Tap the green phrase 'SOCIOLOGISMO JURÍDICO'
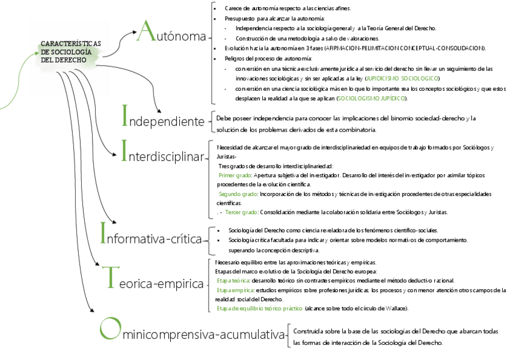(371, 98)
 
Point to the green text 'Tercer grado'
(241, 212)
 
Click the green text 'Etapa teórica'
(233, 281)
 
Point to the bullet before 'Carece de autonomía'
(215, 9)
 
